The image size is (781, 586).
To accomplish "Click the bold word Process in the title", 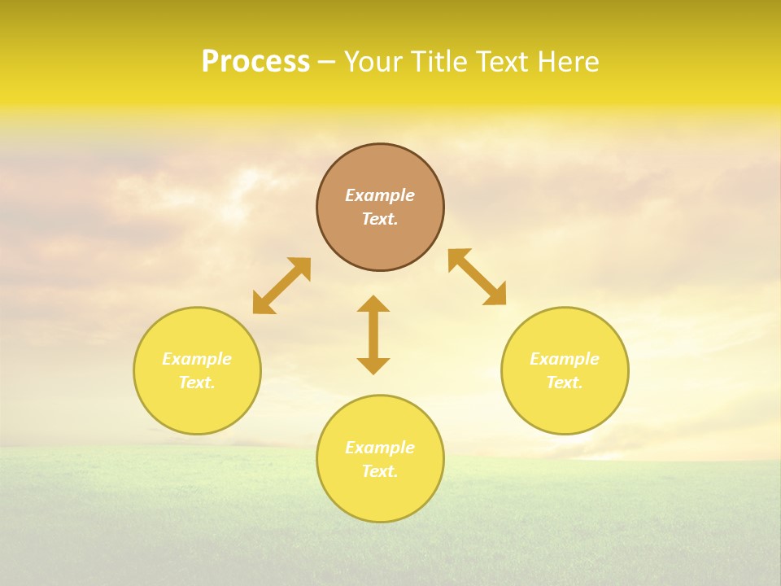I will click(255, 62).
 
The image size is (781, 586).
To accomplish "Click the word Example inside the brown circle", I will click(380, 195).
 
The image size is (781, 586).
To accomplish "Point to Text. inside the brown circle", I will click(380, 219).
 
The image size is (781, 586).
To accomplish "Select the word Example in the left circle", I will click(197, 359).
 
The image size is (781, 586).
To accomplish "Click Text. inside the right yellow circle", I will click(565, 383).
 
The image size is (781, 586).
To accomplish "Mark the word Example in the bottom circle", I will click(380, 448).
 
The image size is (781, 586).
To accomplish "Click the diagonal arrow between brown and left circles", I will click(281, 286).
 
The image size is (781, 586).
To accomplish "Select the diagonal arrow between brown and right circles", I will click(478, 277).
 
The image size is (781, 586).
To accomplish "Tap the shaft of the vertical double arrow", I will click(373, 335).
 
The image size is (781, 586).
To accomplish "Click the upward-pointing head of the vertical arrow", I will click(373, 304).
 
